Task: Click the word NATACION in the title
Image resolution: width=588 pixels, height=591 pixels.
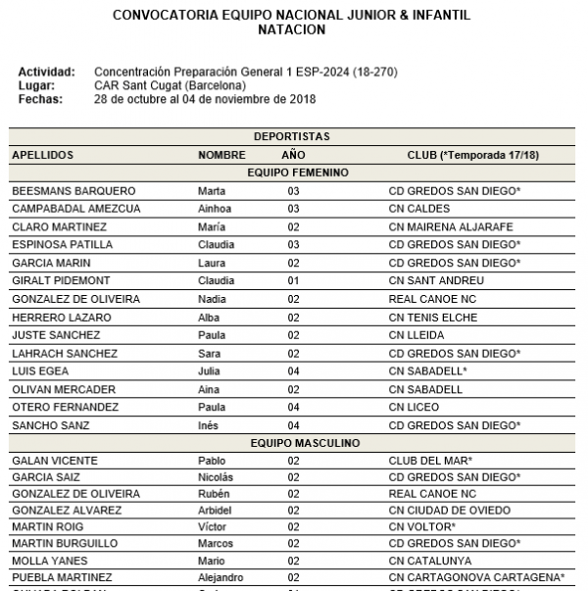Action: (291, 30)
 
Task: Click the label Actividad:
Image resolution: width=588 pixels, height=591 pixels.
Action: (47, 73)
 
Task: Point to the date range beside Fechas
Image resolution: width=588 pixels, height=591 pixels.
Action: (205, 98)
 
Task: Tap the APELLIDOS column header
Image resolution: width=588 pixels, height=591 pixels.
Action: (42, 155)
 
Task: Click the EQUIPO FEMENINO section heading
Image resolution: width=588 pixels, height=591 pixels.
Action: (291, 172)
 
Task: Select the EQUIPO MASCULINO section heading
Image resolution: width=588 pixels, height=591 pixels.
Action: (291, 443)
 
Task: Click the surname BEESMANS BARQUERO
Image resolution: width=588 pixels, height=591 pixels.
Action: (73, 191)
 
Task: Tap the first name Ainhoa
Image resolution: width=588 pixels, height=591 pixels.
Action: (216, 209)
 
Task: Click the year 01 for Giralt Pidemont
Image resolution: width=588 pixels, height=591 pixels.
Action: (293, 280)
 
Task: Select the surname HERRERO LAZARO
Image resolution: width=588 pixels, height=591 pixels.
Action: (61, 318)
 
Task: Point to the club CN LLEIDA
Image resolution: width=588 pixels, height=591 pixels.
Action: (416, 335)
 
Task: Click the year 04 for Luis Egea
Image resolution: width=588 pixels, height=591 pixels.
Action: (293, 371)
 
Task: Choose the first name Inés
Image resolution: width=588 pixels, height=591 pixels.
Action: (209, 425)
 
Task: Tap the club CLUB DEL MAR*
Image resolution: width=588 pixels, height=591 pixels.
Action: (431, 461)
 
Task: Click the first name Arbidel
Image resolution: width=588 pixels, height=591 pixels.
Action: (216, 511)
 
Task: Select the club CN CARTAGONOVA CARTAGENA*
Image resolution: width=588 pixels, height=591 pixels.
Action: (476, 577)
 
